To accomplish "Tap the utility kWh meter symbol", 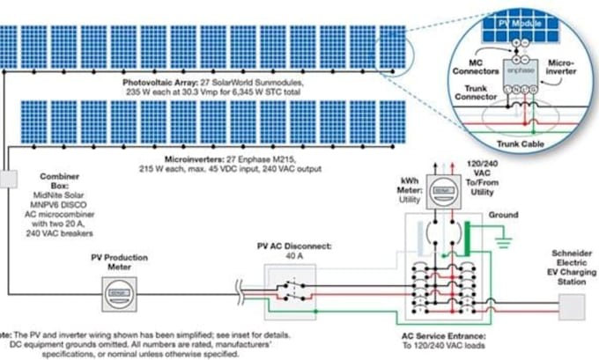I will [438, 198].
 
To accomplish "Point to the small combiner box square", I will [8, 179].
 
